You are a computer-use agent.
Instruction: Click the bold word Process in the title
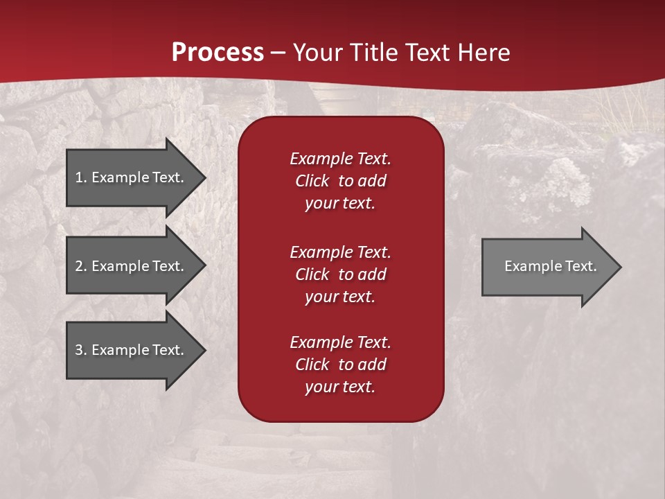point(218,53)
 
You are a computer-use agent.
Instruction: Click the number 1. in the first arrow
point(81,177)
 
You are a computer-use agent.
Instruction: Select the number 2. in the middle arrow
point(81,266)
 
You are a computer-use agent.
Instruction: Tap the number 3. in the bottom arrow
point(81,350)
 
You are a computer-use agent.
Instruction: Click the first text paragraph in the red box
point(340,181)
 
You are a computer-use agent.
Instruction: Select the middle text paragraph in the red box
point(340,274)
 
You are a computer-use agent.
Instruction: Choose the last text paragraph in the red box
point(340,365)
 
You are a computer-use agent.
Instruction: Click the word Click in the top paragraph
point(312,181)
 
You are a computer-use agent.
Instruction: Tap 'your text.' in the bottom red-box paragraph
point(340,387)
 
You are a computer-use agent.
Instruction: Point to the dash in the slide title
point(278,53)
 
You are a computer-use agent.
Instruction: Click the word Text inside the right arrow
point(580,266)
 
